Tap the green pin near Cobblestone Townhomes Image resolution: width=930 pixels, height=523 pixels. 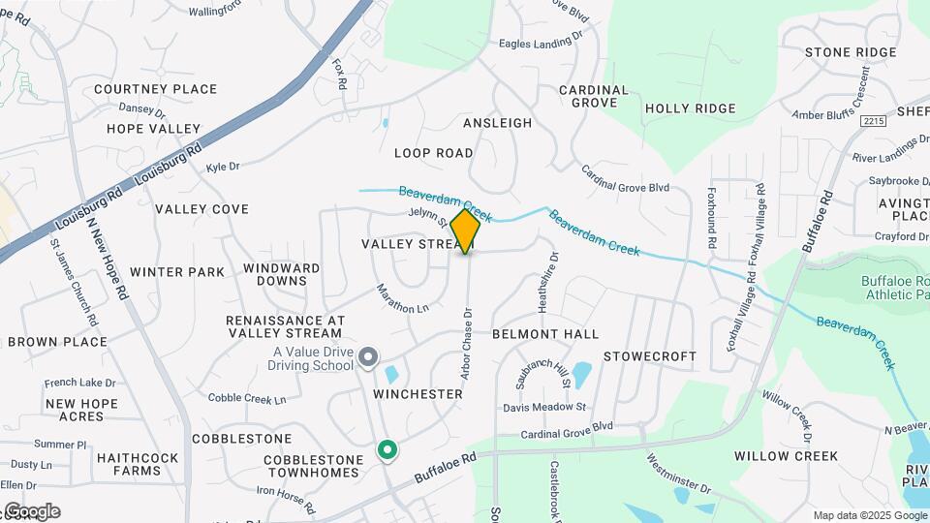pos(387,450)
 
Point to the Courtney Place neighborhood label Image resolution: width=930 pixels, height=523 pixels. pos(156,89)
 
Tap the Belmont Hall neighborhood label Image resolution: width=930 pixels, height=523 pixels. pos(545,334)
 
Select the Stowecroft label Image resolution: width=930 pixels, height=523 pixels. pos(650,356)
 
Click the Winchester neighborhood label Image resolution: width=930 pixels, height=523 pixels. pos(418,394)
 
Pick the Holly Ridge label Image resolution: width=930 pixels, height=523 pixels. pos(691,108)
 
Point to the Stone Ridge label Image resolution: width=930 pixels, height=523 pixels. pos(851,52)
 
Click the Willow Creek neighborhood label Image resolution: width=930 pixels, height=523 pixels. pos(786,455)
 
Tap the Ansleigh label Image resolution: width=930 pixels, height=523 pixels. pos(498,123)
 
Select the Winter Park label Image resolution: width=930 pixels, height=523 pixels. pos(177,272)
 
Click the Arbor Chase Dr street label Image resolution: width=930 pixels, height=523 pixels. pos(466,344)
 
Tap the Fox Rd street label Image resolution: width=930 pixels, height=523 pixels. pos(339,75)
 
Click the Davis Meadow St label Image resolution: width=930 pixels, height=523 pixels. pos(545,408)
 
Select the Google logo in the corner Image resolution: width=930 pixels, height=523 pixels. pos(32,511)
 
